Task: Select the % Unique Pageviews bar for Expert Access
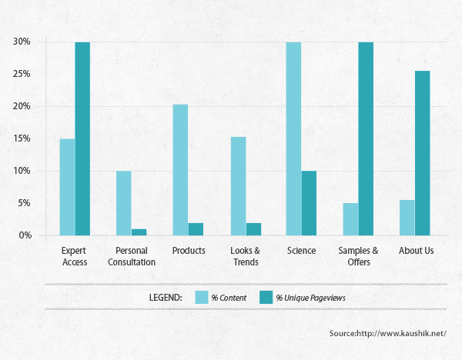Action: coord(82,138)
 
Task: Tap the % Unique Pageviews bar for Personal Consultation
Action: coord(139,232)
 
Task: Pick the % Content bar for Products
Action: coord(180,169)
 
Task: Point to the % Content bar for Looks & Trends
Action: coord(237,185)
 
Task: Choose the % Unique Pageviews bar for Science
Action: coord(309,203)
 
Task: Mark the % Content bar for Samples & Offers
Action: coord(350,218)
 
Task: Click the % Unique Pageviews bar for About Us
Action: coord(422,153)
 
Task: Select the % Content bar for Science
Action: coord(293,138)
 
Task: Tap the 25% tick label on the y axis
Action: coord(21,74)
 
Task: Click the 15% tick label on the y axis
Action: coord(21,138)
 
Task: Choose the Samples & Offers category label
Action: coord(359,256)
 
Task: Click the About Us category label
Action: coord(417,251)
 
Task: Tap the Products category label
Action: coord(189,251)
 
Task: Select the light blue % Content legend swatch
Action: coord(203,297)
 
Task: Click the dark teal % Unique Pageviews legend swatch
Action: coord(265,297)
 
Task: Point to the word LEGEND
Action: coord(165,297)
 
